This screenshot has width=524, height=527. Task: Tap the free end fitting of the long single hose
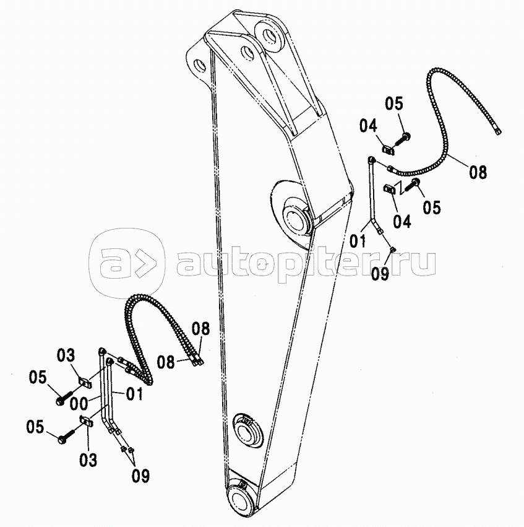[x=498, y=131]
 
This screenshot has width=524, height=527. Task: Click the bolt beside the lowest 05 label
[x=64, y=438]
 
